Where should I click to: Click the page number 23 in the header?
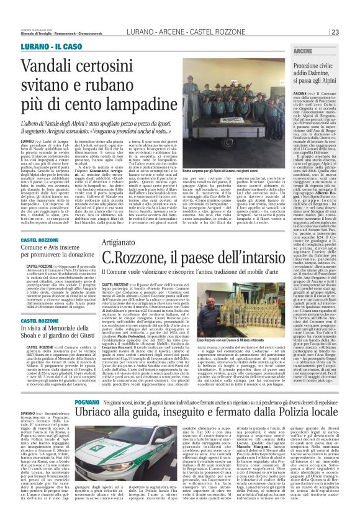click(352, 33)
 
